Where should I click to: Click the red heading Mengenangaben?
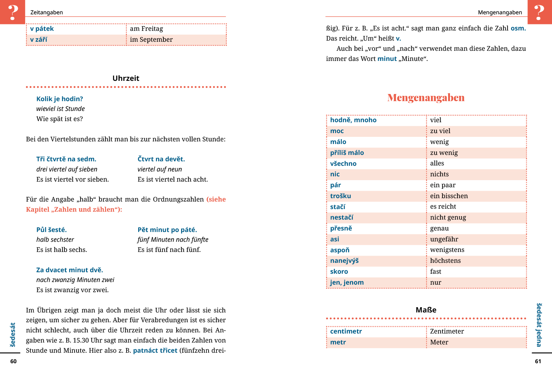[x=426, y=98]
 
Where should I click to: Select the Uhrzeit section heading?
[x=126, y=78]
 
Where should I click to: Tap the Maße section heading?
[x=426, y=310]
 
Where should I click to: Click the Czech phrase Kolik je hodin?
[x=59, y=99]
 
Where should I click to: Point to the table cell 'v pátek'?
[x=42, y=29]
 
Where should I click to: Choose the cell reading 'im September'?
[x=151, y=40]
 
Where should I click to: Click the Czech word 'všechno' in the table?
[x=343, y=164]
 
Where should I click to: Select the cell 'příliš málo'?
[x=347, y=153]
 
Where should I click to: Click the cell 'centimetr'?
[x=346, y=331]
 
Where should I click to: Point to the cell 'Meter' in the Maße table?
[x=439, y=342]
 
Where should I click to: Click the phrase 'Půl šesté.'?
[x=51, y=230]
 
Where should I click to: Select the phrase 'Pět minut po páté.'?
[x=167, y=230]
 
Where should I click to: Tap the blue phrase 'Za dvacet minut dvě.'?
[x=69, y=270]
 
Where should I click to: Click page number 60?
[x=14, y=361]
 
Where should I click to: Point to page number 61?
[x=538, y=361]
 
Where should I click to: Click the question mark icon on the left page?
[x=13, y=12]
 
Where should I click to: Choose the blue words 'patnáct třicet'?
[x=155, y=350]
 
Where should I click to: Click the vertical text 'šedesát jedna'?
[x=539, y=325]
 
